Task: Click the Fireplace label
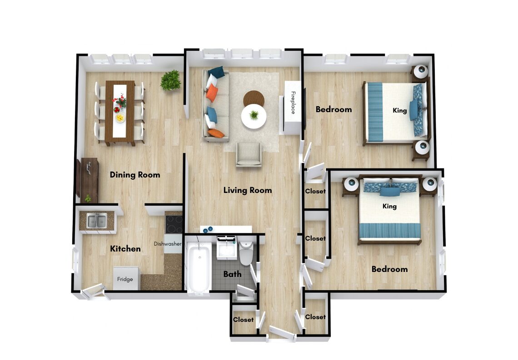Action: [x=293, y=103]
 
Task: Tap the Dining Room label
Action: [x=135, y=175]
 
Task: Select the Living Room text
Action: [x=248, y=190]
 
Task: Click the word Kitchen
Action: [x=125, y=249]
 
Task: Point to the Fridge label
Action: [x=125, y=279]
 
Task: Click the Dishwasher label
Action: [x=168, y=244]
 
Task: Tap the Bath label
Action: [x=232, y=274]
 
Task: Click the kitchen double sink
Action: [x=97, y=221]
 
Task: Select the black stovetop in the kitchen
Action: [x=174, y=224]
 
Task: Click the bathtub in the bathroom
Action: [x=198, y=267]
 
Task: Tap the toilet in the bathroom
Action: [x=246, y=253]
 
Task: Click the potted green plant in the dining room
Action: [x=171, y=80]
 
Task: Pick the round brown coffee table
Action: [x=254, y=98]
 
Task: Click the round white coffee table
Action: [x=254, y=117]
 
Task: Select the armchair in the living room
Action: [x=249, y=154]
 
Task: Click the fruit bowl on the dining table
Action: [x=120, y=118]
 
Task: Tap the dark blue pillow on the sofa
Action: [x=216, y=72]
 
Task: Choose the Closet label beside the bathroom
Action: [x=243, y=320]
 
